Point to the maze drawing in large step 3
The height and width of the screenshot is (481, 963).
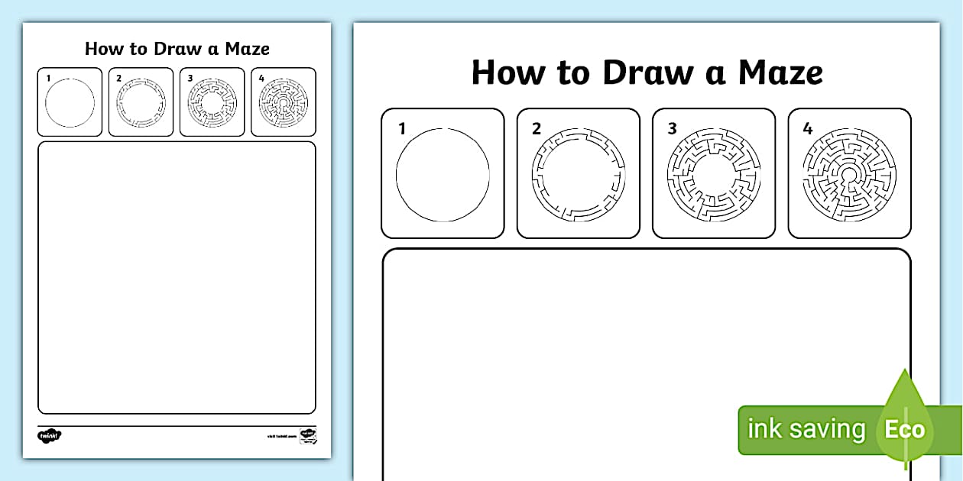(x=714, y=175)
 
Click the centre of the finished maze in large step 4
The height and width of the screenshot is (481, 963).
(x=849, y=175)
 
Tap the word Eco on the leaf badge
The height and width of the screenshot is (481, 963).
(x=904, y=429)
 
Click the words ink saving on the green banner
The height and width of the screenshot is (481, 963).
(x=806, y=429)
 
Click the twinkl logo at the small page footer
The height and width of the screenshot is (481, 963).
(x=49, y=435)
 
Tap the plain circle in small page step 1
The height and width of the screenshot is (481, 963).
(x=70, y=102)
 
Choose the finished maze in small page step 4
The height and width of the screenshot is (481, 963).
(x=284, y=102)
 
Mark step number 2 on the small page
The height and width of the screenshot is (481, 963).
(x=119, y=78)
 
